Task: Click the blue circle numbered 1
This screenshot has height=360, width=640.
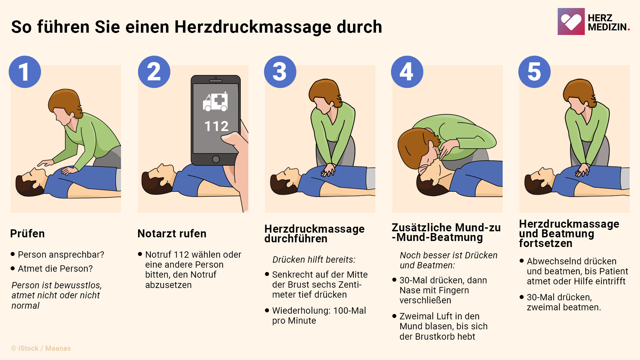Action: tap(25, 72)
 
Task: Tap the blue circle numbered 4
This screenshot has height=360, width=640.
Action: tap(407, 72)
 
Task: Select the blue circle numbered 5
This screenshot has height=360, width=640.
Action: tap(534, 72)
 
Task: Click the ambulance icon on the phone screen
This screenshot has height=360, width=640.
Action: tap(216, 102)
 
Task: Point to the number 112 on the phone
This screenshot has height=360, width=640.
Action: tap(216, 126)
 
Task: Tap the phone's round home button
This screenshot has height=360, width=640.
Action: tap(216, 159)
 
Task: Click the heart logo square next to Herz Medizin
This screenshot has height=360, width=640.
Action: tap(571, 22)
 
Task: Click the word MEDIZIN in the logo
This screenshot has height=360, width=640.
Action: tap(607, 27)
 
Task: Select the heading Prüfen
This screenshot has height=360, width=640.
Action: tap(27, 234)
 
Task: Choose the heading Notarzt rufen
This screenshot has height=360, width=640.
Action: tap(172, 234)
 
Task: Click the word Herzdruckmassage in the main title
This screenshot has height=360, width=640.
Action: tap(278, 27)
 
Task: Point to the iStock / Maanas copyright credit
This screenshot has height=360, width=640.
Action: tap(41, 348)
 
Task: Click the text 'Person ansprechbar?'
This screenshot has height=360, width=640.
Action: tap(61, 255)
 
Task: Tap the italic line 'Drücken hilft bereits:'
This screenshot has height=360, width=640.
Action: tap(314, 260)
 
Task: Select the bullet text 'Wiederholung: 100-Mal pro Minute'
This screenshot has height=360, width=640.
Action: tap(319, 315)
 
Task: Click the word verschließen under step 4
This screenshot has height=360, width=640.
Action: tap(425, 300)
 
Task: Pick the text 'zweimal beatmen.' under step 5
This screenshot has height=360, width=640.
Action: tap(564, 307)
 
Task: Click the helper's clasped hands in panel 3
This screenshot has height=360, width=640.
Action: tap(328, 170)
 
